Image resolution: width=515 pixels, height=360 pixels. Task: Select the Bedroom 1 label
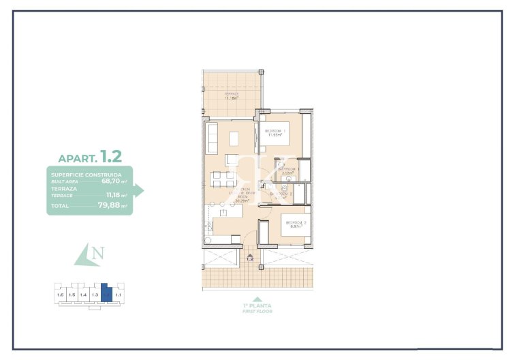[275, 132]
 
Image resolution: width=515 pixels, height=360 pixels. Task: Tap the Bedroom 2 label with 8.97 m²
[295, 224]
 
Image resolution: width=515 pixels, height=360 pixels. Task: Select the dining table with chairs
[220, 179]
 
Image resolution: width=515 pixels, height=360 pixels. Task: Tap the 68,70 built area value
[114, 182]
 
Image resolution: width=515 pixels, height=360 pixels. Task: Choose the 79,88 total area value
[112, 205]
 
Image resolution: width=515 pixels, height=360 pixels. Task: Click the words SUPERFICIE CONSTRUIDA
[86, 175]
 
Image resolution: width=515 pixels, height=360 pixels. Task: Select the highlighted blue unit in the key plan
[106, 294]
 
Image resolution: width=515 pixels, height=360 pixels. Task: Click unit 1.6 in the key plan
[61, 295]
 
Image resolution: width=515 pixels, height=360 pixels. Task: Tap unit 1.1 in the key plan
[118, 295]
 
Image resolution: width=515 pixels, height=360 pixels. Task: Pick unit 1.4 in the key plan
[83, 295]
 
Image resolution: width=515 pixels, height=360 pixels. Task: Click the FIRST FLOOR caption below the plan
[257, 311]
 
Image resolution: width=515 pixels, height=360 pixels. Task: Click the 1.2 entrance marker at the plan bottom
[250, 258]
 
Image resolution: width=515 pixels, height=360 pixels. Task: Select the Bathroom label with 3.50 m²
[285, 172]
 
